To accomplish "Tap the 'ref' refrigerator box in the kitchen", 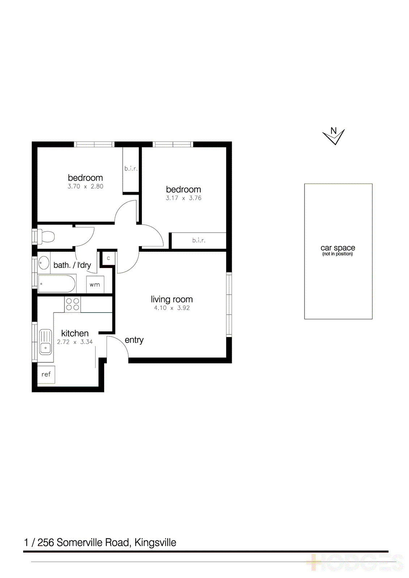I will click(46, 374).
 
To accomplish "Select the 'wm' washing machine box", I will click(95, 285).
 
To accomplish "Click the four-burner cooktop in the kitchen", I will click(72, 304).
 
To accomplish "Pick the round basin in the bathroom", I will click(44, 263).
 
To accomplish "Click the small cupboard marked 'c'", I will click(108, 258).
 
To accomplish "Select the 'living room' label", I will click(172, 299).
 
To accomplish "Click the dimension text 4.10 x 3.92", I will click(172, 308).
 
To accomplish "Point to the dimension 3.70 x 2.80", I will click(85, 186).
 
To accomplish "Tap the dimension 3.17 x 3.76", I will click(183, 198).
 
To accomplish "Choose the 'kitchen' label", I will click(75, 333).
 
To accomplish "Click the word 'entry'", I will click(134, 340).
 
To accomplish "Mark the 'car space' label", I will click(338, 248).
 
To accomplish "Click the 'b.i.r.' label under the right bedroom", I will click(199, 240).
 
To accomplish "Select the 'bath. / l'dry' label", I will click(72, 265).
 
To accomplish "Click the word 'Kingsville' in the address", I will click(155, 543).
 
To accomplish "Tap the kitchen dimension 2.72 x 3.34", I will click(75, 342).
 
